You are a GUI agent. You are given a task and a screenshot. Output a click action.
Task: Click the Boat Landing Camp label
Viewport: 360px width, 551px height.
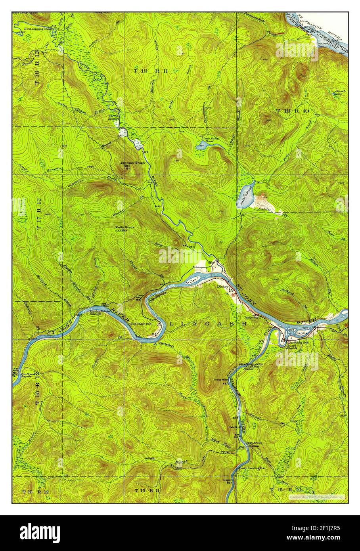38,29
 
